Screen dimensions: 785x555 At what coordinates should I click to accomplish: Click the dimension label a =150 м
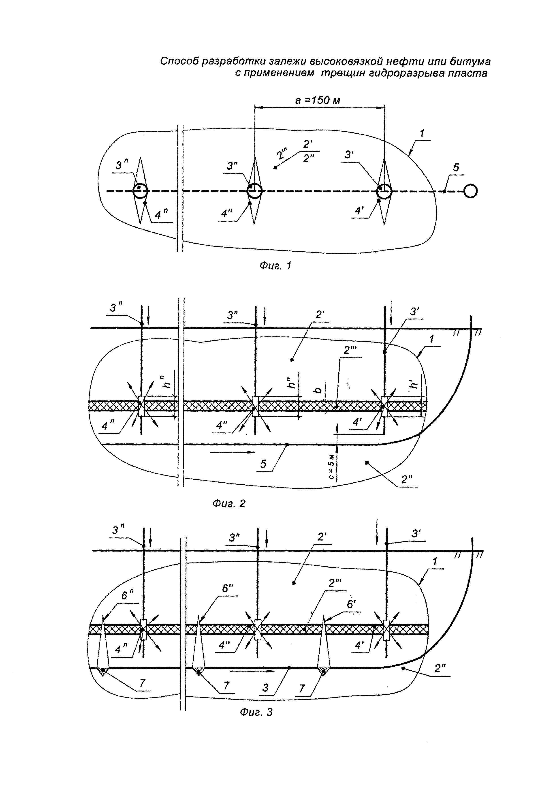tap(318, 100)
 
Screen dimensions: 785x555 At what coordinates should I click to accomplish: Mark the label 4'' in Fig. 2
tap(222, 425)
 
